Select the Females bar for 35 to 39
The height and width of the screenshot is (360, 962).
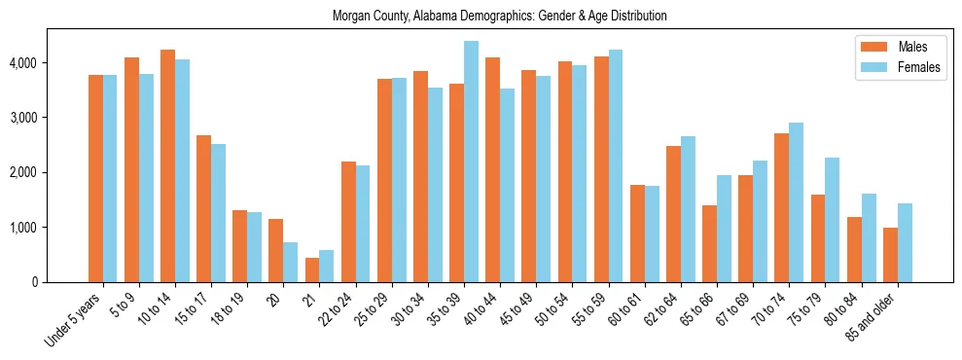(471, 162)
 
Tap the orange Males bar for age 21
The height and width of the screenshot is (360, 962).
(312, 270)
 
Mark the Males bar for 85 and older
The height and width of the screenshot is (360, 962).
(890, 255)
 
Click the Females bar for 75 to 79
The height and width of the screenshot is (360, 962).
(833, 220)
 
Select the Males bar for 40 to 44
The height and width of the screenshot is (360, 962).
(493, 170)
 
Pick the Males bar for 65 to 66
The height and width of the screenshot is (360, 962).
(710, 243)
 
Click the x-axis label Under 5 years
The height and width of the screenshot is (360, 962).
(74, 321)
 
